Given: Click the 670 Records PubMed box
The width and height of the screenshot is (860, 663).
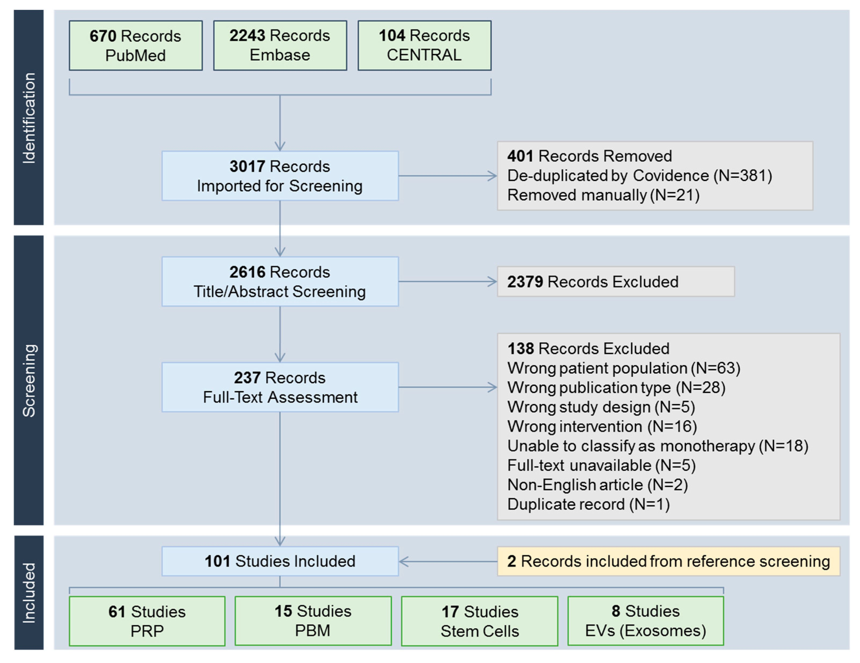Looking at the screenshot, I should pyautogui.click(x=135, y=45).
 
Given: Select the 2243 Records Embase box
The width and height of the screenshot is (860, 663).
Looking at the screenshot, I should pyautogui.click(x=280, y=45).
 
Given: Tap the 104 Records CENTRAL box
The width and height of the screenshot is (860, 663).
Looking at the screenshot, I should pyautogui.click(x=424, y=45).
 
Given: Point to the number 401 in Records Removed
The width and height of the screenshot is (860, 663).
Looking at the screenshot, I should pyautogui.click(x=520, y=156).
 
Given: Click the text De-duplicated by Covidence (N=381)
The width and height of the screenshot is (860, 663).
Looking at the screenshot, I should pyautogui.click(x=639, y=175).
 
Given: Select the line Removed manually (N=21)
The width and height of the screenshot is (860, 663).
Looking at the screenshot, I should pyautogui.click(x=603, y=195).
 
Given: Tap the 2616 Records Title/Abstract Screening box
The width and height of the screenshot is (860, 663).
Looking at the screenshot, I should pyautogui.click(x=280, y=281).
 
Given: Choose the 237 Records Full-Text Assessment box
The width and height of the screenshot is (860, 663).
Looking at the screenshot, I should pyautogui.click(x=280, y=387).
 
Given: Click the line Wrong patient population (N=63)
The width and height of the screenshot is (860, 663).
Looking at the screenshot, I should pyautogui.click(x=623, y=368).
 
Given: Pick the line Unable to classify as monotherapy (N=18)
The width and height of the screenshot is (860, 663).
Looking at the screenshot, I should pyautogui.click(x=657, y=446).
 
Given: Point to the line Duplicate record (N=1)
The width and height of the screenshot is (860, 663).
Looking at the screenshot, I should pyautogui.click(x=588, y=504).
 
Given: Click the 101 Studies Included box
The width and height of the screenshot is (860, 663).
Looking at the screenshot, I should pyautogui.click(x=280, y=561).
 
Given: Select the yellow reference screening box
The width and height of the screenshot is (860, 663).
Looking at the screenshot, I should pyautogui.click(x=668, y=561).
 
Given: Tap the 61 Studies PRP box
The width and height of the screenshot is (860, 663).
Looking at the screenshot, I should pyautogui.click(x=147, y=621).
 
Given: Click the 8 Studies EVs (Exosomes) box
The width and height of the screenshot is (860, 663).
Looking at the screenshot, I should pyautogui.click(x=645, y=621).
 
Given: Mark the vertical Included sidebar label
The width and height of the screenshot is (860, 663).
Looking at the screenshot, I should pyautogui.click(x=29, y=593).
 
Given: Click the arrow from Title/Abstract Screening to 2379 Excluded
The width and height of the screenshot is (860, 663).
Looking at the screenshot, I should pyautogui.click(x=447, y=281).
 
